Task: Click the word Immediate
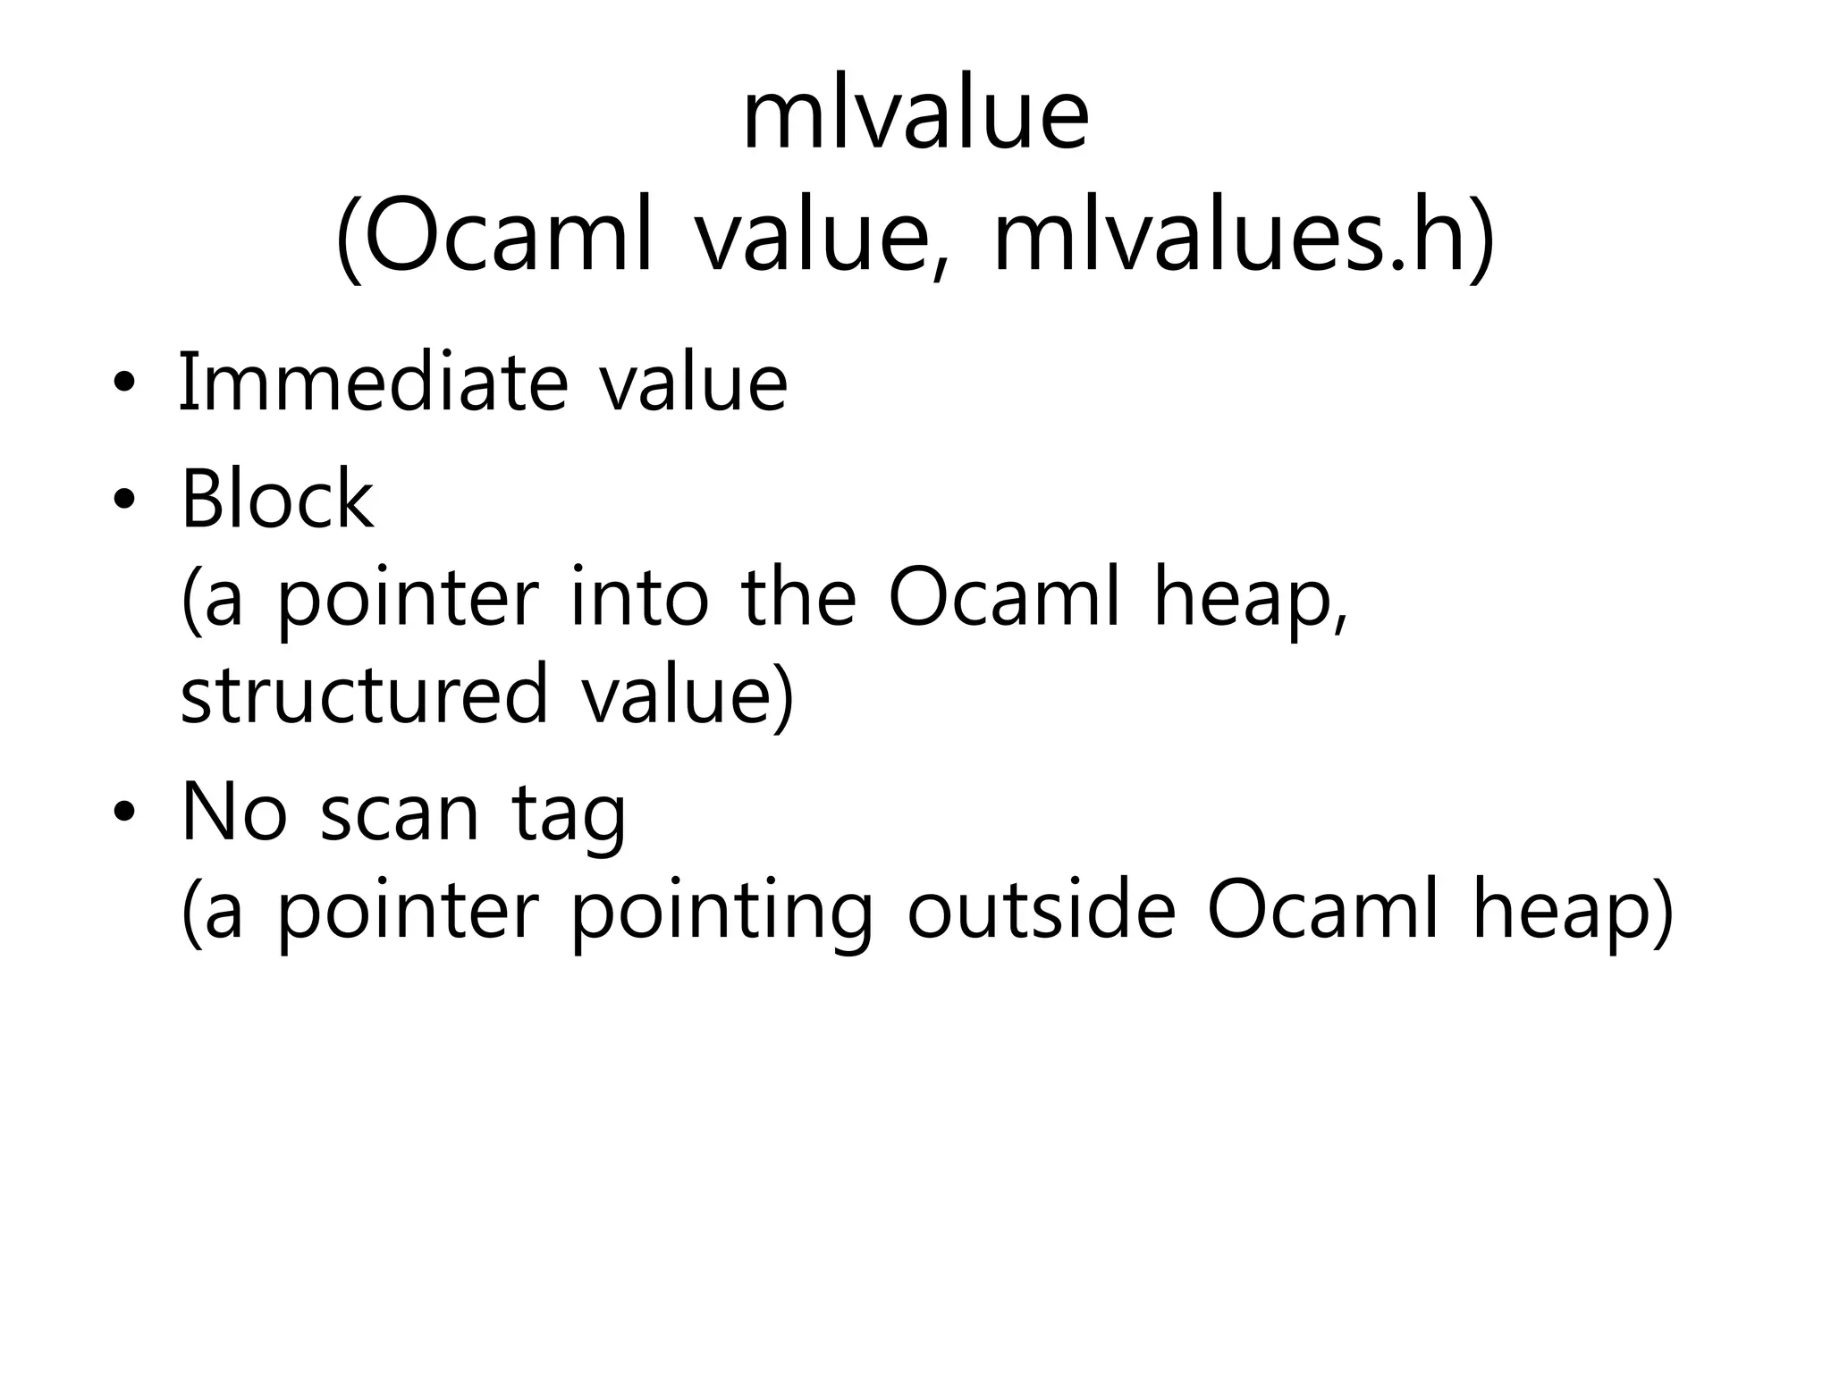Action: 374,383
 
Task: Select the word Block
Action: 277,500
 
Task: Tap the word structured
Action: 364,695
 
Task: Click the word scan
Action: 400,813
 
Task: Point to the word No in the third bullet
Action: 234,813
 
